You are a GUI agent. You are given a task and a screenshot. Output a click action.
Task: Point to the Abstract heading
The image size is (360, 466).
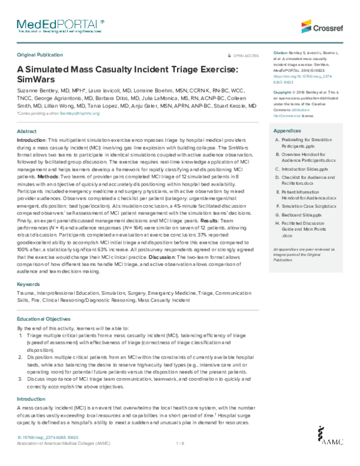coord(27,131)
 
